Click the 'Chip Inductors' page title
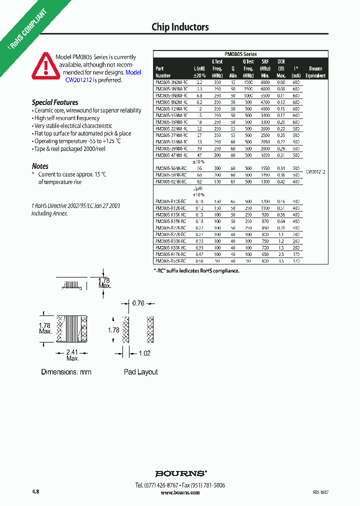point(180,27)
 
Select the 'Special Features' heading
point(55,102)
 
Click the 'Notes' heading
point(40,166)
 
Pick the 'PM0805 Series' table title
point(240,54)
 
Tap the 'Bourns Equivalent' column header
point(315,72)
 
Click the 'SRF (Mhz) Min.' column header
point(265,68)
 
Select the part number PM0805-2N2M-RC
point(171,81)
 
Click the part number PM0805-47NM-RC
point(171,155)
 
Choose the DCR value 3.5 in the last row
point(280,261)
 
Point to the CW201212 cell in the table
point(315,171)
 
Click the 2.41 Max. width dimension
point(73,355)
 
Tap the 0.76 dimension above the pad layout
point(138,303)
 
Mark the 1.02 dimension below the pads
point(144,353)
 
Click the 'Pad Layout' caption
point(140,372)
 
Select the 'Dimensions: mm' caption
point(66,372)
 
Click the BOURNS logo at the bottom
point(180,473)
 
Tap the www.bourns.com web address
point(180,492)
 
